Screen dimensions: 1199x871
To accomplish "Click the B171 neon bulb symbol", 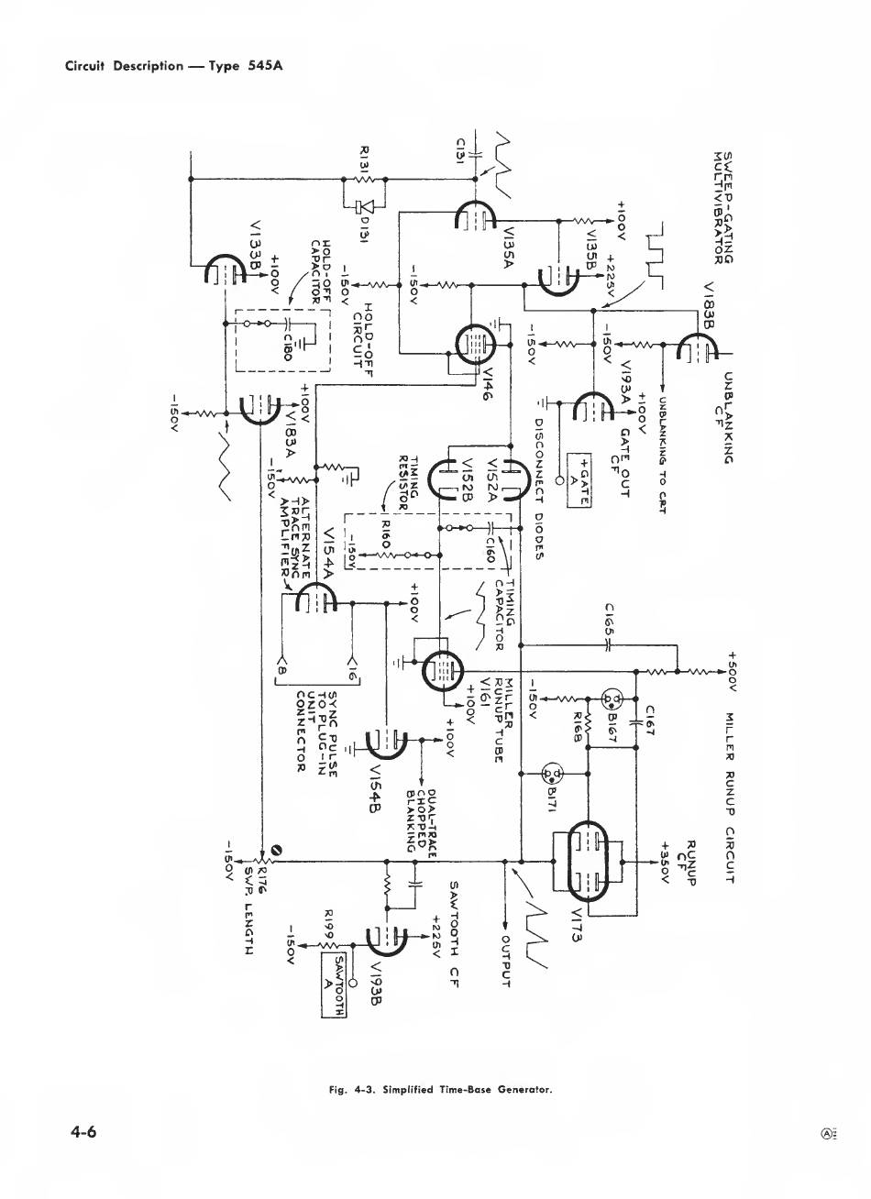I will (x=553, y=773).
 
